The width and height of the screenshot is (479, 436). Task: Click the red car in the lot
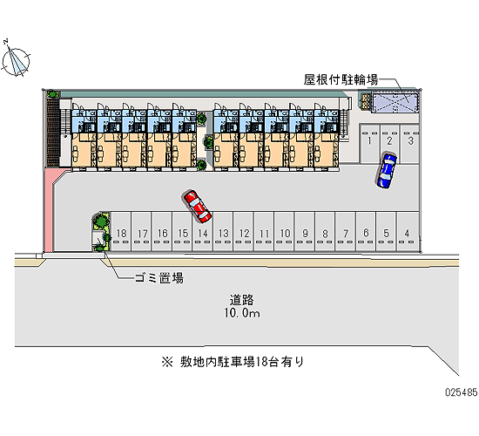tap(198, 206)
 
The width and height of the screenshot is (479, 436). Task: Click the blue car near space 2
tap(386, 171)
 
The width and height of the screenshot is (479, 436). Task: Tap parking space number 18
tap(121, 231)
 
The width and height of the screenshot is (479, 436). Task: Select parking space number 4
tap(408, 231)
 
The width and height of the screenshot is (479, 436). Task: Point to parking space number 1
tap(369, 143)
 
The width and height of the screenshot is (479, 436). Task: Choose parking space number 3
tap(410, 143)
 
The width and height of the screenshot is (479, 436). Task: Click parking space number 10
tap(285, 231)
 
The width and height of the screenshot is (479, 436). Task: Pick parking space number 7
tap(346, 231)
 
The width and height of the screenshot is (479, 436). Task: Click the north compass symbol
tap(16, 59)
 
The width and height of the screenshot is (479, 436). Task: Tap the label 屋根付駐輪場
tap(341, 79)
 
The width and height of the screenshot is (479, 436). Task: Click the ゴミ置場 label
tap(159, 278)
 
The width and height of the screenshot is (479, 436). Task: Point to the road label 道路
tap(241, 300)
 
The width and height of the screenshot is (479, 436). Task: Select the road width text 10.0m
tap(242, 313)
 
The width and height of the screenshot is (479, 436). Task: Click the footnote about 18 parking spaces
tap(233, 362)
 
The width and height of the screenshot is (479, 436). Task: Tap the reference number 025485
tap(462, 392)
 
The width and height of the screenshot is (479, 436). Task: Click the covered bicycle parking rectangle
tap(395, 103)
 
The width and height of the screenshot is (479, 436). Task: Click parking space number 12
tap(244, 231)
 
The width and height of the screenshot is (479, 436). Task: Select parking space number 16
tap(162, 231)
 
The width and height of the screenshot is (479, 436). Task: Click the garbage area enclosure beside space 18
tap(101, 232)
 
